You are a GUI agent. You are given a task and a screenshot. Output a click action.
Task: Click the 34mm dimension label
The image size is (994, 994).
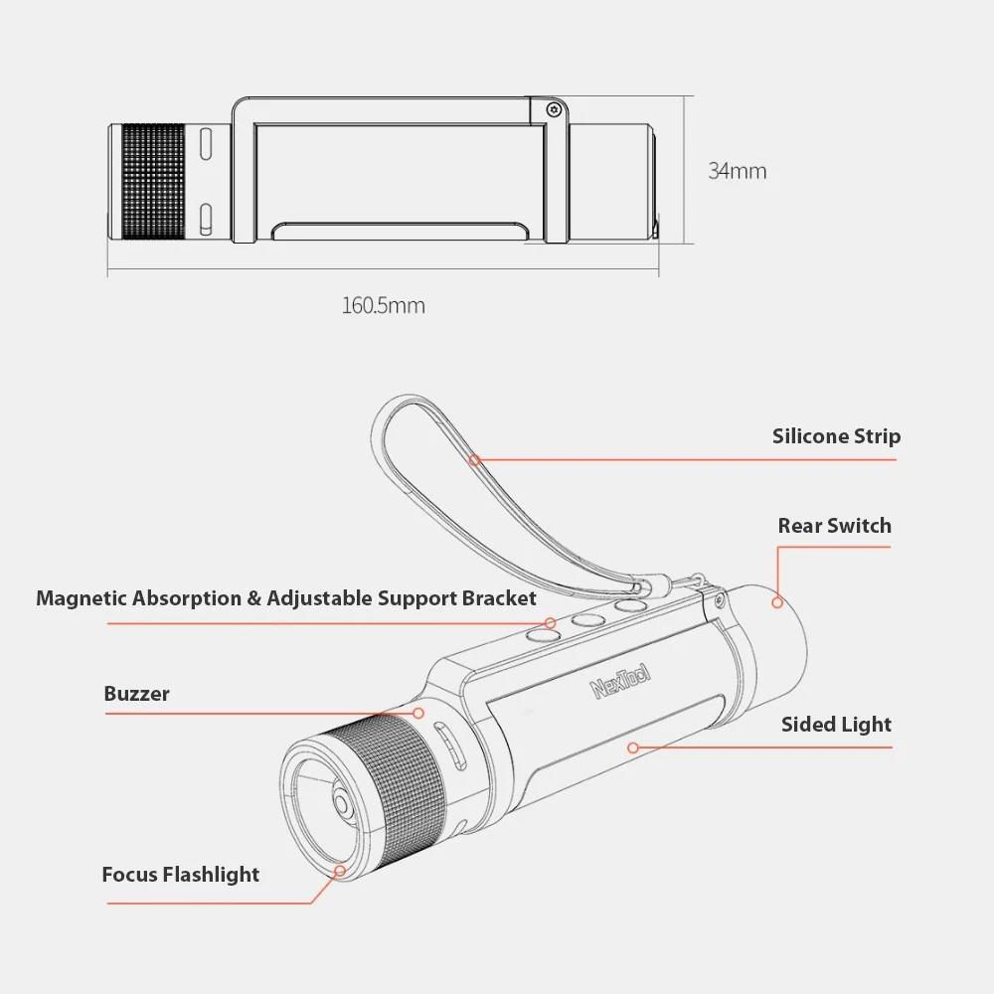pos(738,171)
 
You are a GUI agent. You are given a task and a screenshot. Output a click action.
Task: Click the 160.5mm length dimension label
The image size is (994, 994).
pos(384,305)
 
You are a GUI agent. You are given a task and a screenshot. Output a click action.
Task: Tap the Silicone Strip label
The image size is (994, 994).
pos(836,436)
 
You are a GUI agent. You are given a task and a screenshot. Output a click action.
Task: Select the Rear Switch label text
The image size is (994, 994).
pos(834,526)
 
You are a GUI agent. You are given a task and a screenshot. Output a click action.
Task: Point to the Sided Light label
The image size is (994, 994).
pos(836,725)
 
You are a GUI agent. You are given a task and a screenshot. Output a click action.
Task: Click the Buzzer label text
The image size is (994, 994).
pos(136,694)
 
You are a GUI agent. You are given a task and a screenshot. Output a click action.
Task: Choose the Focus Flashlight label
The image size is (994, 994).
pos(181,875)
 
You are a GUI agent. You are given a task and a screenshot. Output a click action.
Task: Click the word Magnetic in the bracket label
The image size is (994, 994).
pos(76,598)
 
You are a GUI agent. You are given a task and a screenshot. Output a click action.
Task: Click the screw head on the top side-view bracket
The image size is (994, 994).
pos(555,110)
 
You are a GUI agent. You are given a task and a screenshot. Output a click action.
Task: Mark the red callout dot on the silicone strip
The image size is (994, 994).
pos(474,459)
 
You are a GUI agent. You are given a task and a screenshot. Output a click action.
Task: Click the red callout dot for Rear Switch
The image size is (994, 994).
pos(777,602)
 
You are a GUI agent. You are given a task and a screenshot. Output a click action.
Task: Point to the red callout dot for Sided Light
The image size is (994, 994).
pos(632,748)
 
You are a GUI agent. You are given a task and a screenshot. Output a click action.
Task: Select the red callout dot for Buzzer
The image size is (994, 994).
pos(418,713)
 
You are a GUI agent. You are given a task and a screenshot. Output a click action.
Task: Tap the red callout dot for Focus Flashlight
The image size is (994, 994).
pos(340,871)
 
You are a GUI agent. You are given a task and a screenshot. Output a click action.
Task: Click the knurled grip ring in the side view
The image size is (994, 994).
pos(153,182)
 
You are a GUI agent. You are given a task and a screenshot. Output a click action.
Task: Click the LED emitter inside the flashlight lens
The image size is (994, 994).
pos(342,805)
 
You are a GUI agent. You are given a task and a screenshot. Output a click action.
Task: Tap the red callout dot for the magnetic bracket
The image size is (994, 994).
pos(551,624)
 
